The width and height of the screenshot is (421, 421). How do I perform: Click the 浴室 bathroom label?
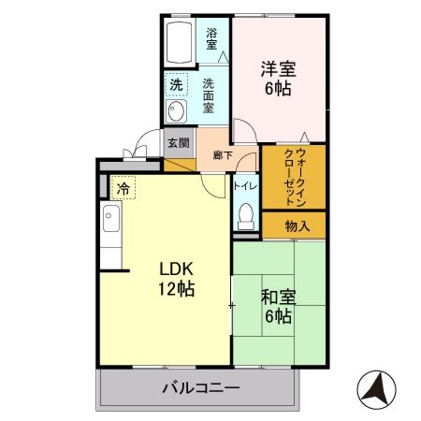[x=211, y=38]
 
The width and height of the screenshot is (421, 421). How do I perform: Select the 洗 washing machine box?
[x=176, y=85]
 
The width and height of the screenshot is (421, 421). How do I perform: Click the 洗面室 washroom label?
[x=211, y=94]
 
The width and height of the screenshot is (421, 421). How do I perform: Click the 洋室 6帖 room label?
[x=278, y=79]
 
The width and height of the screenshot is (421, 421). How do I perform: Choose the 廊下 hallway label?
[x=222, y=155]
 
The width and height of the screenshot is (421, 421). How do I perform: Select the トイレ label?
[x=245, y=185]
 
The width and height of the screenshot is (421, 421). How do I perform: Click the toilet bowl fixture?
[x=245, y=214]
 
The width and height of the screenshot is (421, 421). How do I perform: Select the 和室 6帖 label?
[x=278, y=307]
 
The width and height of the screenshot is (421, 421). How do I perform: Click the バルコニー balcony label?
[x=200, y=387]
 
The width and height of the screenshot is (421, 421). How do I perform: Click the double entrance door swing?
[x=138, y=148]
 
